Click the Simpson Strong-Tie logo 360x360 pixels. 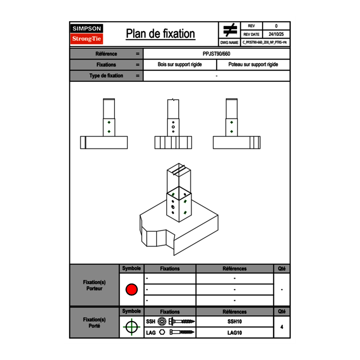pos(87,34)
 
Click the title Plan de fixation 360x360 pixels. pos(160,34)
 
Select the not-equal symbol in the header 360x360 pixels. pos(230,30)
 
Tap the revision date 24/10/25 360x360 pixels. pos(276,34)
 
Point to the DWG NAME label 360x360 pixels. pos(229,43)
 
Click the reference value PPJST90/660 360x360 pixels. pos(216,54)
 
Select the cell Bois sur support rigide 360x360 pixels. pos(180,65)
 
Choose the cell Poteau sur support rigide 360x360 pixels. pos(253,65)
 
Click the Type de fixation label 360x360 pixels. pos(106,76)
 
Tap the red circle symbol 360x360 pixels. pos(131,289)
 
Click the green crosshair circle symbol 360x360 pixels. pos(131,327)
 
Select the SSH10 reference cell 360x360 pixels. pos(235,322)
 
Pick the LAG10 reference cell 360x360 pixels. pos(235,333)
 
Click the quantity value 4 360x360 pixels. pos(282,327)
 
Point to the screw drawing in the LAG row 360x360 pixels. pos(182,332)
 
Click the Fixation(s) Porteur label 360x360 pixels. pos(94,285)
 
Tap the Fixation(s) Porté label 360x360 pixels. pos(94,323)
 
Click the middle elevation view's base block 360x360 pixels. pos(173,142)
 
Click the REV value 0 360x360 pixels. pos(276,26)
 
